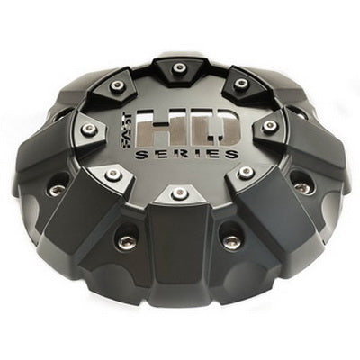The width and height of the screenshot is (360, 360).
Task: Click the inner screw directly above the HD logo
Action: [179, 68]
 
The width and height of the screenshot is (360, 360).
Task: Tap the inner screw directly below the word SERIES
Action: [180, 193]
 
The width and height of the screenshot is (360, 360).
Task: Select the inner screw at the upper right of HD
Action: [241, 84]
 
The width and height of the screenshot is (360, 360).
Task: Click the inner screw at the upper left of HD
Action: [117, 86]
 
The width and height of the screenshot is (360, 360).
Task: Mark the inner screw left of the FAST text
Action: [88, 130]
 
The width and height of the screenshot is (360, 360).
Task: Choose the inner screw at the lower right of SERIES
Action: [246, 173]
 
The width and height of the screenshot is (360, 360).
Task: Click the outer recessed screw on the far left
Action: [58, 189]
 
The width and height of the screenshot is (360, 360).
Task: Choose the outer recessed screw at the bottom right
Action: [232, 240]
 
